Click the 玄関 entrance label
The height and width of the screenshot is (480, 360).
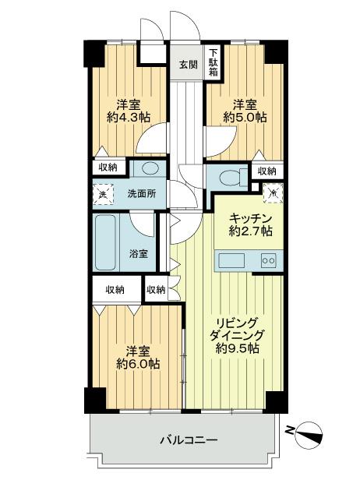point(188,65)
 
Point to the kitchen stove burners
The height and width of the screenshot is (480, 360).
point(268,260)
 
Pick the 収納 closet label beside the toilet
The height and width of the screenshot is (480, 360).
point(266,171)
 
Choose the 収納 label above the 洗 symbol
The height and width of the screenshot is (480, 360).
point(108,167)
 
